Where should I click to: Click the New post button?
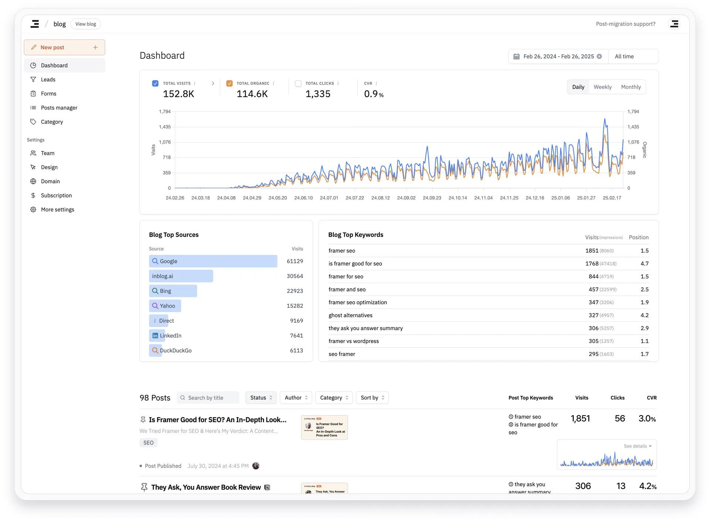point(64,47)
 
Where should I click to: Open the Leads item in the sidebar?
point(48,80)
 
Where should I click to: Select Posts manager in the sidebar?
point(59,108)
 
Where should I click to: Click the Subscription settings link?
point(56,195)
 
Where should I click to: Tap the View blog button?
point(85,24)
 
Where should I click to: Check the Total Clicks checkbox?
point(298,83)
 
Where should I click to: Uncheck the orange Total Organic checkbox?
point(229,83)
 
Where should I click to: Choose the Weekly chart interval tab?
point(602,87)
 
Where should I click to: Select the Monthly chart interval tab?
point(630,87)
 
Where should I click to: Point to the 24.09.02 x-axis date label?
point(406,198)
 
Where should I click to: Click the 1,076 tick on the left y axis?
point(165,142)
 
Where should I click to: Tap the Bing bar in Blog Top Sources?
point(173,291)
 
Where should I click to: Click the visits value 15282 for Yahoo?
point(295,306)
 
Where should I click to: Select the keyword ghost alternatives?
point(350,315)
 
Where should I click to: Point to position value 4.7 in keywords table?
point(644,263)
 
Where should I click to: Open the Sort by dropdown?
point(372,398)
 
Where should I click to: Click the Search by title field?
point(208,398)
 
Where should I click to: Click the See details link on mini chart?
point(637,446)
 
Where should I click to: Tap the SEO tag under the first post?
point(148,443)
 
